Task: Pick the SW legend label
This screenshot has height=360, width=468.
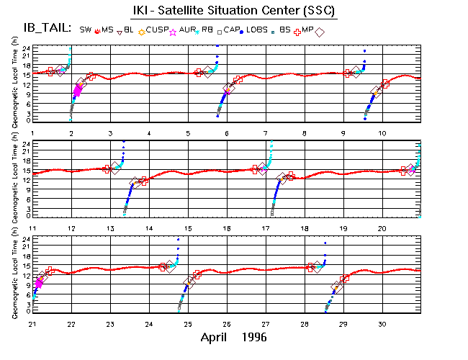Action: [x=86, y=30]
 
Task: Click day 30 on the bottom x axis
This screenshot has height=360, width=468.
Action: [x=382, y=324]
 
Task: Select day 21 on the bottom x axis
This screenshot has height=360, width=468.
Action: [x=32, y=324]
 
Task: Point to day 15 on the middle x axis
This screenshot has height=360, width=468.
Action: [x=188, y=228]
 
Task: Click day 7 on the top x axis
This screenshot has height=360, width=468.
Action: [x=266, y=132]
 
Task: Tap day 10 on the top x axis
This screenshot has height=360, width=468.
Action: [x=382, y=132]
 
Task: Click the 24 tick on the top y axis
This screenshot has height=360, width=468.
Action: [x=25, y=48]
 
